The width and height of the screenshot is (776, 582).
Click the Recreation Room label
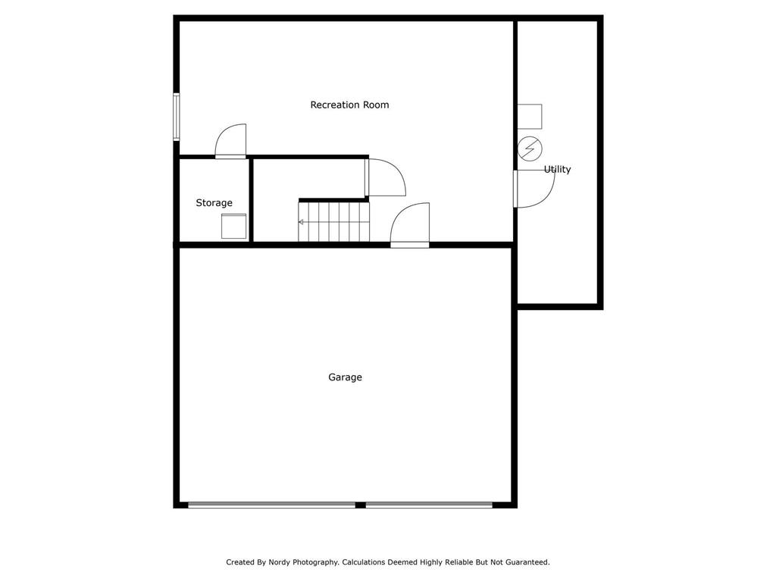349,105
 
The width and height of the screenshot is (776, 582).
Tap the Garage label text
345,377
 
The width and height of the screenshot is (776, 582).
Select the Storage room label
214,203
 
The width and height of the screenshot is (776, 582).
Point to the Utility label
557,169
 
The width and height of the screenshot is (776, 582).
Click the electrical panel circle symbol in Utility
530,149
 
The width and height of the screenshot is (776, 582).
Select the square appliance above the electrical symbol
530,116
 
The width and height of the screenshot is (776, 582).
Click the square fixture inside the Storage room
233,226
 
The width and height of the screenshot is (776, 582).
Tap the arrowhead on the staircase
301,222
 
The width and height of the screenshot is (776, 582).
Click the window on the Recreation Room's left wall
176,117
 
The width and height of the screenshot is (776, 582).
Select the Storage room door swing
230,141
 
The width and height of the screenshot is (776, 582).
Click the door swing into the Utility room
534,189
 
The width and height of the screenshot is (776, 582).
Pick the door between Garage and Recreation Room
410,225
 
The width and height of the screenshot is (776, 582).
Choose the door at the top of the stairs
386,177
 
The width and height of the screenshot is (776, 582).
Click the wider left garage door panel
272,505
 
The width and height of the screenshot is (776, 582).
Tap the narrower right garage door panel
429,505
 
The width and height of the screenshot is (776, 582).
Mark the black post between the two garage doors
360,505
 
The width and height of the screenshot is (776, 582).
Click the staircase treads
334,222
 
